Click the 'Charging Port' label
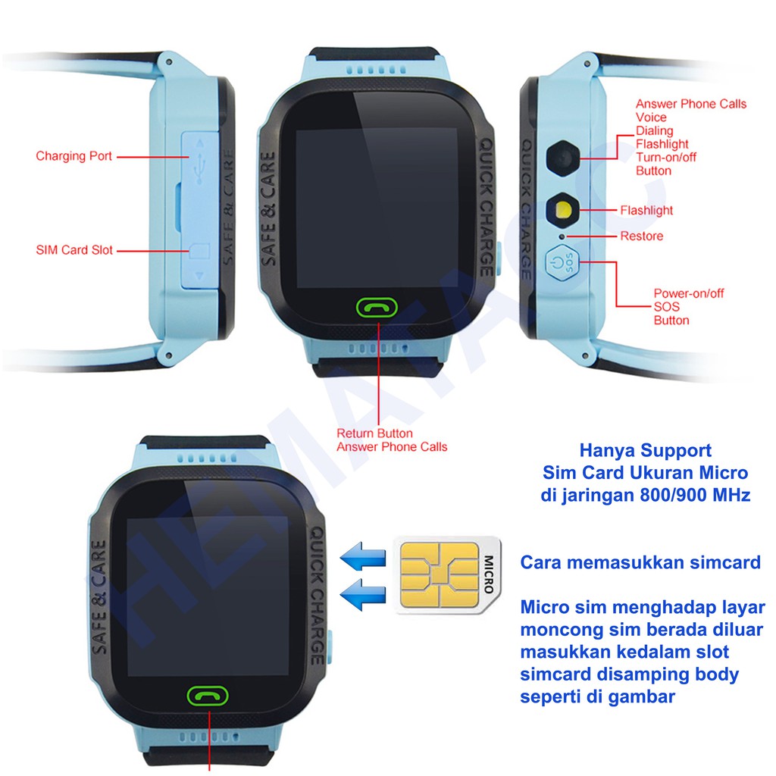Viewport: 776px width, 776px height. click(74, 156)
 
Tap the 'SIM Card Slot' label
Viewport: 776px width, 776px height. click(74, 250)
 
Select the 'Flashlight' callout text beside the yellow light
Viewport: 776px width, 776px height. click(646, 210)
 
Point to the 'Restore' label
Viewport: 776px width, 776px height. click(641, 236)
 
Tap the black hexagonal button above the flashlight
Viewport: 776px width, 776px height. click(562, 157)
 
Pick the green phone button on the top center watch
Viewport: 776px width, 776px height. click(377, 307)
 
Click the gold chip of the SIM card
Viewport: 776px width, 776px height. click(439, 574)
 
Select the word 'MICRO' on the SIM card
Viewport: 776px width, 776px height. click(488, 574)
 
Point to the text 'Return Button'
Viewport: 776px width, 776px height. click(374, 433)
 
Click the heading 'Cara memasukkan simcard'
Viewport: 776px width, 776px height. click(640, 562)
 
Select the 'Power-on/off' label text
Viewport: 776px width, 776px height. click(689, 293)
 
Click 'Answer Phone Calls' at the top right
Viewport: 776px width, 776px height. click(690, 104)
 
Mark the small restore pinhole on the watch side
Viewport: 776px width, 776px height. click(562, 236)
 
